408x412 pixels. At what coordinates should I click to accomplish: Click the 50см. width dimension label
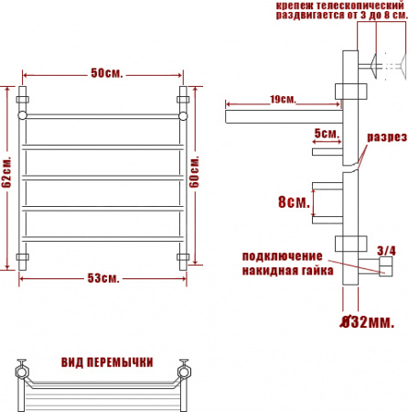coord(106,73)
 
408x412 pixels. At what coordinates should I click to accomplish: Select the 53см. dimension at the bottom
coord(106,277)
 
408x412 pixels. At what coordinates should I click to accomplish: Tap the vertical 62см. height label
coord(7,173)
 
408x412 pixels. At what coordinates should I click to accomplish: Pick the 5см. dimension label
coord(326,134)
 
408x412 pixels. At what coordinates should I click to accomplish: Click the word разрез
coord(387,137)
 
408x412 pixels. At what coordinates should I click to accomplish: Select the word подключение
coord(282,255)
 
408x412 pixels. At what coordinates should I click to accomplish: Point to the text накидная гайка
coord(283,270)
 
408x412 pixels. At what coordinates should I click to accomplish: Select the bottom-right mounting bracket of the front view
coord(183,256)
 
